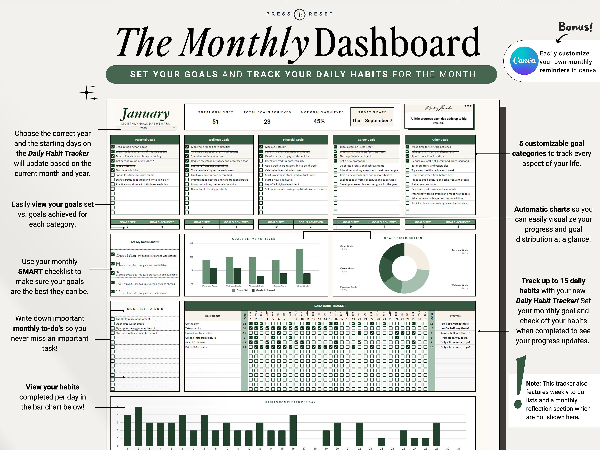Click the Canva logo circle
coord(524,61)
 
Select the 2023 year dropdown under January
coord(146,128)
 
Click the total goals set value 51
coord(215,122)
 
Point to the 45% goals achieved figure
coord(319,121)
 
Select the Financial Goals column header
coord(293,140)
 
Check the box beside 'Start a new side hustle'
coord(261,180)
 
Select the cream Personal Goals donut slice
coord(416,256)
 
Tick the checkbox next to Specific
coord(113,254)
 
